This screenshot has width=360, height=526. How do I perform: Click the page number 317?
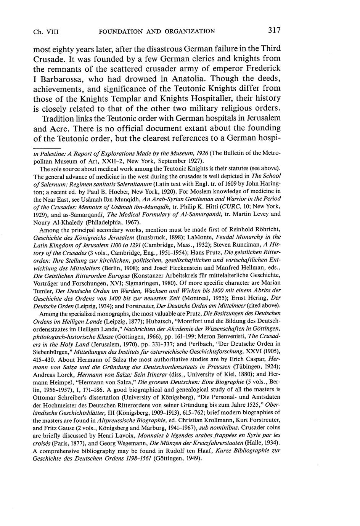pos(275,30)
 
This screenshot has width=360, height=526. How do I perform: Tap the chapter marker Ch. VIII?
pos(46,31)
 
